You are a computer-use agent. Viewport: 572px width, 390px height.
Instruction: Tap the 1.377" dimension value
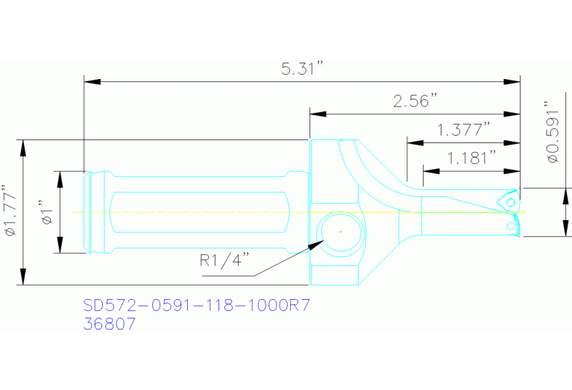click(x=462, y=130)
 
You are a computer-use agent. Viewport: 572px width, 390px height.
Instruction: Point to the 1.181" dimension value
click(x=471, y=157)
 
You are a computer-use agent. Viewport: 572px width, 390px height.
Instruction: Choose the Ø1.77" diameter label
click(x=10, y=212)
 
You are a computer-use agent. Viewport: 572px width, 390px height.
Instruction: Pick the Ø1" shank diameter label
click(x=45, y=213)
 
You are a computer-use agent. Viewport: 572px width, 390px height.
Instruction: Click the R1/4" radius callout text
click(x=224, y=261)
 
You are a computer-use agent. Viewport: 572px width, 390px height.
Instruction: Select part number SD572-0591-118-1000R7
click(x=195, y=306)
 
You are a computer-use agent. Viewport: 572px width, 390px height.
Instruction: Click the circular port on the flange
click(x=339, y=232)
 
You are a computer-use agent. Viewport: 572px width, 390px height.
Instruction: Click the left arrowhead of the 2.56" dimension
click(x=318, y=113)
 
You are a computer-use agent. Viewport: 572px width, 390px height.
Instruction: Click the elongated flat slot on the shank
click(x=198, y=213)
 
